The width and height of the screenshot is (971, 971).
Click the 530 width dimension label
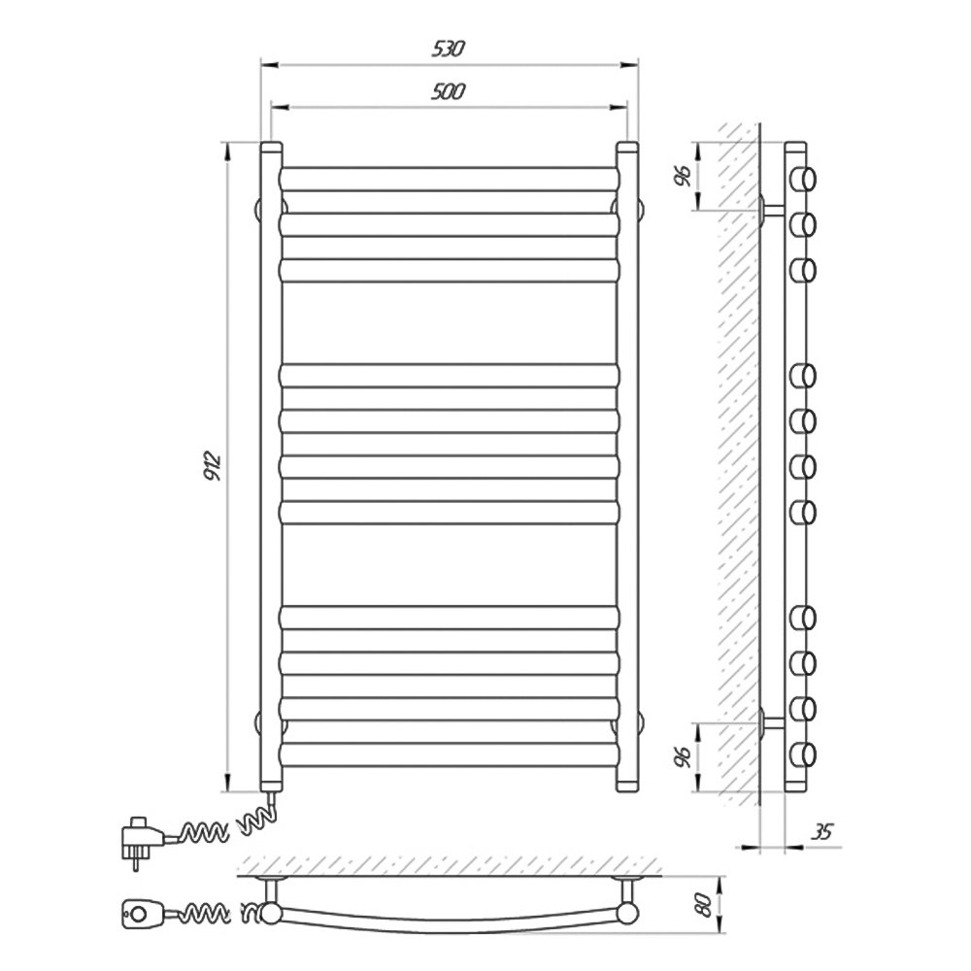click(448, 49)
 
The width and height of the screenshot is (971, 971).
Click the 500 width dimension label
click(448, 91)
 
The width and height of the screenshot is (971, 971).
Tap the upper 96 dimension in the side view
click(683, 177)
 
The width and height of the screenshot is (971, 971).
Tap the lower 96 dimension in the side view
click(682, 756)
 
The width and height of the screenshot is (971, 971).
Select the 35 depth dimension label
click(821, 832)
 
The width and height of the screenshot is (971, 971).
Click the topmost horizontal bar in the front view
click(450, 179)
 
